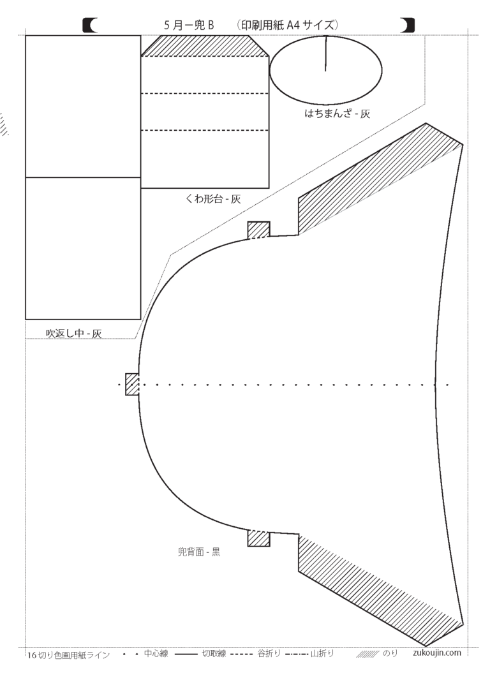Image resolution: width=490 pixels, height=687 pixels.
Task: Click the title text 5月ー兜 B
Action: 189,25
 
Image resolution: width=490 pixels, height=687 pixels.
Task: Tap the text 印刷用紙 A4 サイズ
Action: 288,24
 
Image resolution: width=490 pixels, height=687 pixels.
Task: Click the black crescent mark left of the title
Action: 91,26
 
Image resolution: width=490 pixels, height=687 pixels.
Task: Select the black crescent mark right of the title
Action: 407,26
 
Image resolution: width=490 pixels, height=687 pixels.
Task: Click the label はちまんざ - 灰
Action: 338,114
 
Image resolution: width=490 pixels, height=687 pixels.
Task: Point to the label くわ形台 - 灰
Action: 213,199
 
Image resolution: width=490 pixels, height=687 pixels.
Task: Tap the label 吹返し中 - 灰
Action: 74,334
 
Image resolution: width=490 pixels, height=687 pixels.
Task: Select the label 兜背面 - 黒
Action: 199,552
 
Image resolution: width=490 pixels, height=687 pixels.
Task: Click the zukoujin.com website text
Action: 437,653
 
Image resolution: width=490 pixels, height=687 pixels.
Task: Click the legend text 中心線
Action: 156,653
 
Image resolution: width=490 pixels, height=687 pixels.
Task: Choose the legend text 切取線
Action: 214,653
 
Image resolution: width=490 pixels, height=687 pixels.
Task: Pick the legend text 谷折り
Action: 269,653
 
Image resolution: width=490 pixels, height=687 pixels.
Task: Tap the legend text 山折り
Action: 322,653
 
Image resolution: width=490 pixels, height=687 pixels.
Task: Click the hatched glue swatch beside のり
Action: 367,654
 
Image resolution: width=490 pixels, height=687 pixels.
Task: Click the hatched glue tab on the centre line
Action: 132,384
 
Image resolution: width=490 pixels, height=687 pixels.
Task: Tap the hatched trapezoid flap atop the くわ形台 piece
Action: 205,46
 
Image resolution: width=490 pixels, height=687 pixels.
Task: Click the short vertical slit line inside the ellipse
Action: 325,53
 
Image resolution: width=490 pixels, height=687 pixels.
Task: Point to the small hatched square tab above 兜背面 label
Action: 258,538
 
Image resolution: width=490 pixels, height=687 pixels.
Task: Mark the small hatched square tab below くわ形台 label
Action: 258,230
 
